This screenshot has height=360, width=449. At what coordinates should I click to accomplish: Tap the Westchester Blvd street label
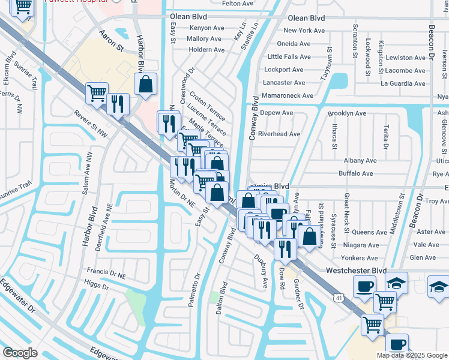[355, 271]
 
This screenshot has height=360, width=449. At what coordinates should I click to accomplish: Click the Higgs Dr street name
[96, 287]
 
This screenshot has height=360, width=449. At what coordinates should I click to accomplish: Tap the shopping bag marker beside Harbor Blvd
[146, 85]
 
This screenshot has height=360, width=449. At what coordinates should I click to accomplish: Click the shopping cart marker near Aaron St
[97, 93]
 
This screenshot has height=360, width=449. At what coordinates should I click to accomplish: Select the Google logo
[20, 352]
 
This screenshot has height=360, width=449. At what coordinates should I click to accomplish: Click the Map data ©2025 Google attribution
[412, 355]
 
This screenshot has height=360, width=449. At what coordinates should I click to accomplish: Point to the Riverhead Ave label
[280, 134]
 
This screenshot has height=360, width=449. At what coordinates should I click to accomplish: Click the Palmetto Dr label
[194, 290]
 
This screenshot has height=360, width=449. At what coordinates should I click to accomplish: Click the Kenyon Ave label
[206, 28]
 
